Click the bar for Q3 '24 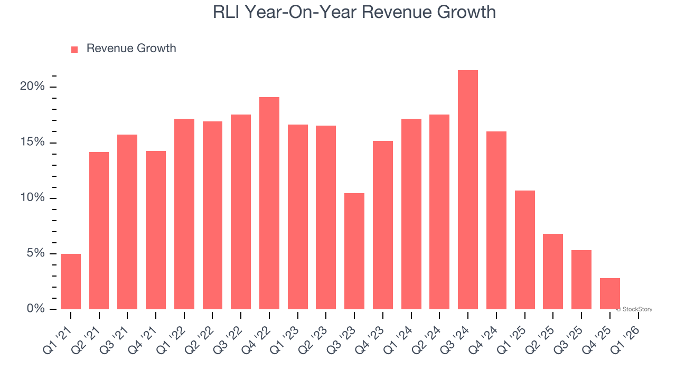point(468,190)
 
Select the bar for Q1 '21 point(71,281)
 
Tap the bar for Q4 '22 point(269,203)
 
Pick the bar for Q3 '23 point(354,251)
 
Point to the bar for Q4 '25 point(609,293)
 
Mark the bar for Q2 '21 point(99,231)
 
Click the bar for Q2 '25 point(553,271)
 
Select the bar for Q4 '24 point(496,220)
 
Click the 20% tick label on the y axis point(32,87)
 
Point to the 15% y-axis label point(32,142)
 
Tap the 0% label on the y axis point(35,309)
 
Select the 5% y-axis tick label point(35,253)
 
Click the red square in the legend point(74,49)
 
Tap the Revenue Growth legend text point(131,49)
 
